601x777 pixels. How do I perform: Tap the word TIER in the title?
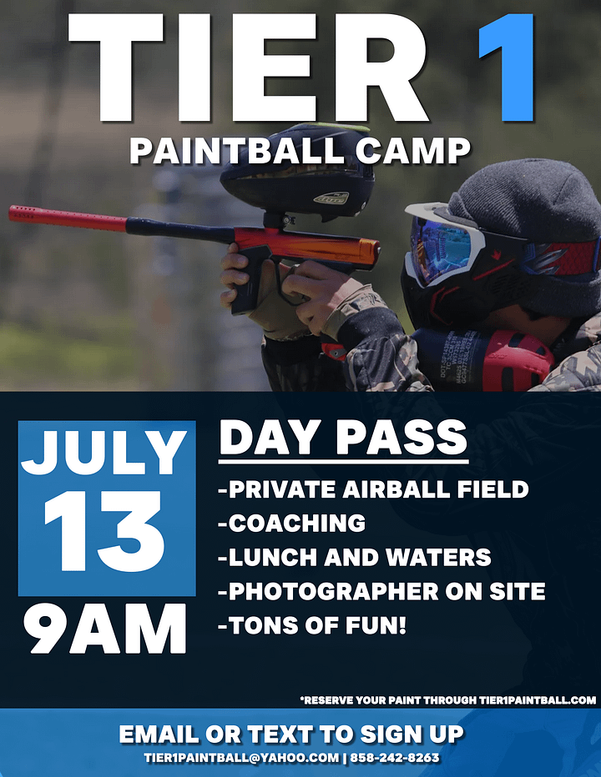coord(248,68)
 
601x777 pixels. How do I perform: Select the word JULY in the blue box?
coord(104,453)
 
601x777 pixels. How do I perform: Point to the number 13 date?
coord(104,531)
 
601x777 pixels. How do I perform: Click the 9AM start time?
coord(104,629)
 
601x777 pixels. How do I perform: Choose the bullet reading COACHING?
coord(292,523)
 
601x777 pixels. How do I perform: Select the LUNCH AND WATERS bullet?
coord(355,557)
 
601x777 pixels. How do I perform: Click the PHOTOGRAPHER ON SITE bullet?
coord(381,591)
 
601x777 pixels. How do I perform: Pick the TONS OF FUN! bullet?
coord(312,625)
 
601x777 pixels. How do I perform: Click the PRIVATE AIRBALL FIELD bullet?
coord(373,489)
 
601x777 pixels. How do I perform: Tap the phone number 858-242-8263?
coord(395,758)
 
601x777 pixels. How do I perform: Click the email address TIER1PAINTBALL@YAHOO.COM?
coord(242,758)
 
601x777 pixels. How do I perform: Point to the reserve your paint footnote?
coord(448,700)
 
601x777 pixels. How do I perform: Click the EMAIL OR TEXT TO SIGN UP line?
coord(291,734)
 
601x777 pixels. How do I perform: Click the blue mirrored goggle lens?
coord(442,245)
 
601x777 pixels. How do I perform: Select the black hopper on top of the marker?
coord(297,173)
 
